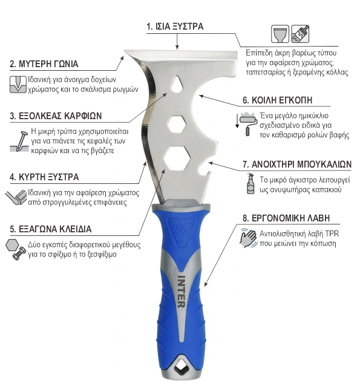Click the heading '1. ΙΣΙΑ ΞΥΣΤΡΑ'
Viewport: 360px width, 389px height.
pyautogui.click(x=175, y=26)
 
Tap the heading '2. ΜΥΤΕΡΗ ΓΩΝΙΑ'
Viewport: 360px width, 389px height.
pyautogui.click(x=44, y=64)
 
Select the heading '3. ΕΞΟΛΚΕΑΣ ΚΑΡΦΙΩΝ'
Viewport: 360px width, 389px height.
pyautogui.click(x=56, y=116)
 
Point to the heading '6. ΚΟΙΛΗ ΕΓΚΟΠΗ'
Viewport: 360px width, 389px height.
pyautogui.click(x=277, y=100)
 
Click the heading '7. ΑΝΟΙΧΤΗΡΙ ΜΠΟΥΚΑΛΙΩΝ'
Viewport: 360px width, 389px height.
pyautogui.click(x=297, y=164)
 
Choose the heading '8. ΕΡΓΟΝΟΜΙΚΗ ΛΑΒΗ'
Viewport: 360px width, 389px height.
pyautogui.click(x=286, y=218)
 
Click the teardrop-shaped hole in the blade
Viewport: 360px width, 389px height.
pyautogui.click(x=177, y=83)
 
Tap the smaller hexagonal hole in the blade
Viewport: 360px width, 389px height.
pyautogui.click(x=176, y=124)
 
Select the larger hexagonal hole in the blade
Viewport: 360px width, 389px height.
pyautogui.click(x=177, y=157)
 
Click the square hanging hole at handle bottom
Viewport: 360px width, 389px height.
pyautogui.click(x=181, y=370)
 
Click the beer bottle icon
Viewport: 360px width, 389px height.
pyautogui.click(x=250, y=183)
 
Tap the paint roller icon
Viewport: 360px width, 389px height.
pyautogui.click(x=246, y=124)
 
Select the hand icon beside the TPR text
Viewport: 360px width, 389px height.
pyautogui.click(x=248, y=238)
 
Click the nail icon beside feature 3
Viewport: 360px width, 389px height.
pyautogui.click(x=19, y=142)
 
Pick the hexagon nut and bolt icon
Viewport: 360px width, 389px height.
pyautogui.click(x=16, y=249)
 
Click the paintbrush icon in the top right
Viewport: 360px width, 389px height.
pyautogui.click(x=300, y=34)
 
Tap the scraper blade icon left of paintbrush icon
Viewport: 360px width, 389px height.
pyautogui.click(x=280, y=34)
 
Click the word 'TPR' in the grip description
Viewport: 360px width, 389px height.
pyautogui.click(x=332, y=234)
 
